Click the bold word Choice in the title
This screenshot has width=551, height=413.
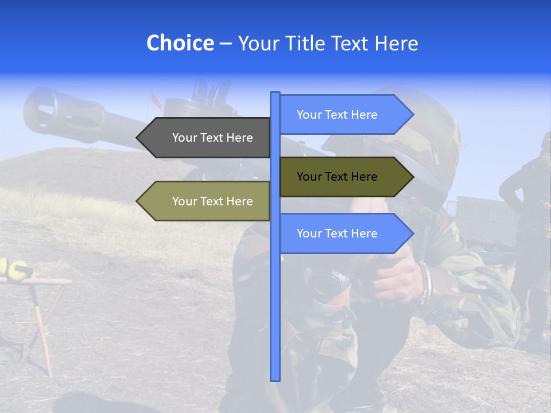[180, 43]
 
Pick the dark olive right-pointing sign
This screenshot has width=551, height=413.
[342, 177]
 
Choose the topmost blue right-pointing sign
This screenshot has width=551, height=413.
[342, 115]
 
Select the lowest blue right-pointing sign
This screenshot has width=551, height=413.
[342, 233]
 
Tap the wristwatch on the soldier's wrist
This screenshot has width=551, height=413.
[424, 281]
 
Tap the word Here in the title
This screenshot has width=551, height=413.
[397, 43]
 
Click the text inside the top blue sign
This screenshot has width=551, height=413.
[337, 115]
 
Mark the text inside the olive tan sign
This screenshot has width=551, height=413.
[212, 201]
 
